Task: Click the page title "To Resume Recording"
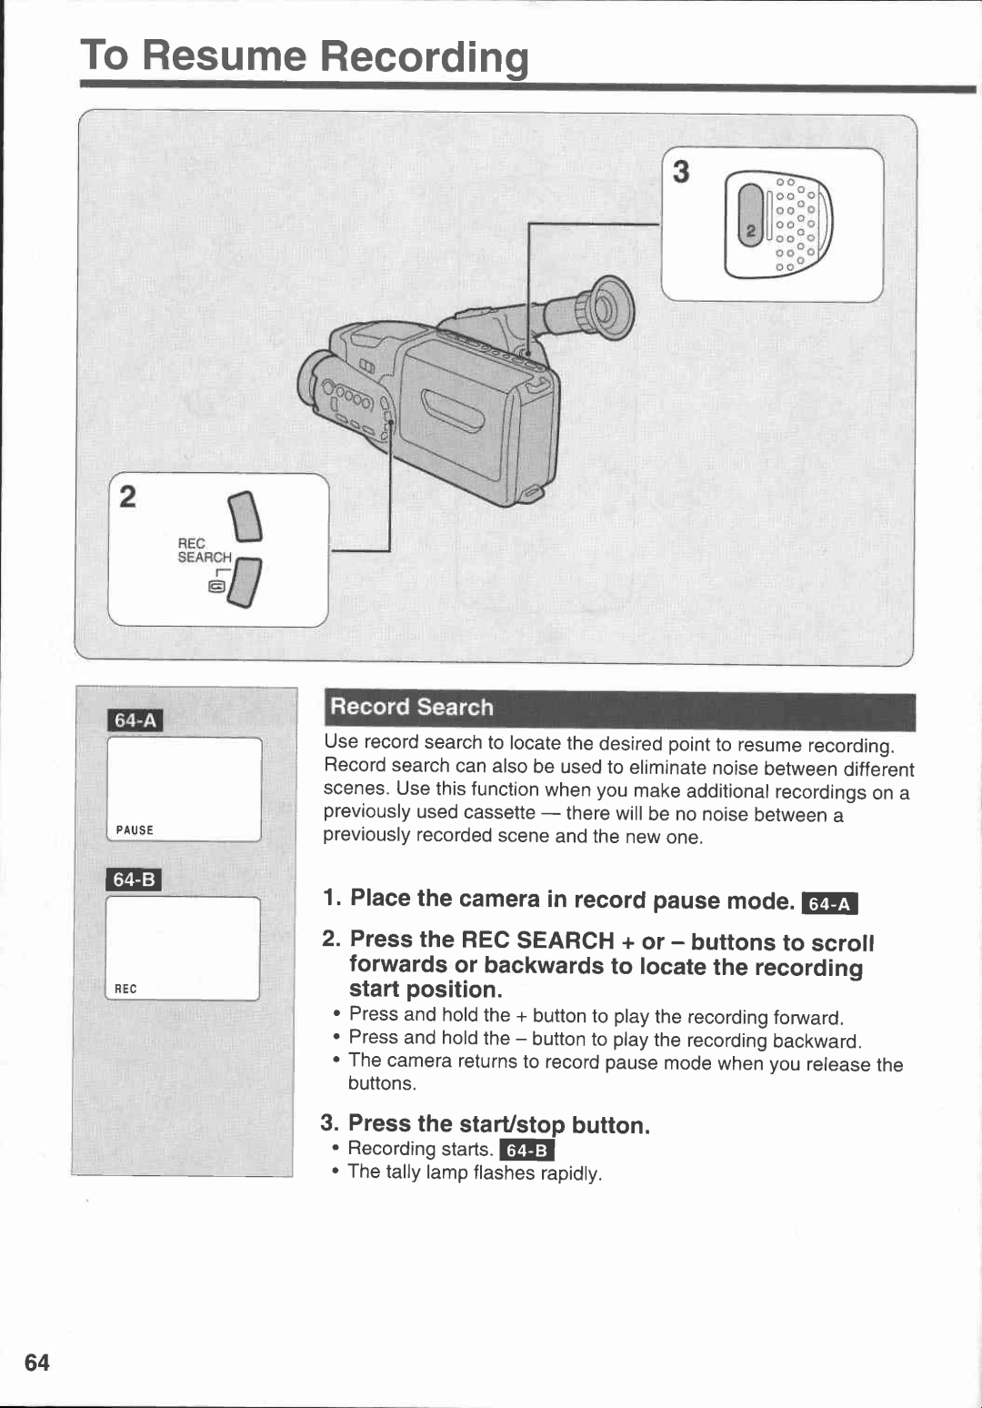304,56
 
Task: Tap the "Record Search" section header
411,707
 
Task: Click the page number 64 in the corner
37,1362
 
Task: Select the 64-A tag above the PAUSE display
135,720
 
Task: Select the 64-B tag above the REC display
134,880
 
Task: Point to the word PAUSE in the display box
135,830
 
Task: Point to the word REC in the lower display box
125,989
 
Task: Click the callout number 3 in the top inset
681,172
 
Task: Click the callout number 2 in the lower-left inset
128,497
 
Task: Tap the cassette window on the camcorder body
453,410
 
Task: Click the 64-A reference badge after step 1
830,903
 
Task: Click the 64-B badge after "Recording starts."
527,1151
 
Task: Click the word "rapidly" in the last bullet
570,1173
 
